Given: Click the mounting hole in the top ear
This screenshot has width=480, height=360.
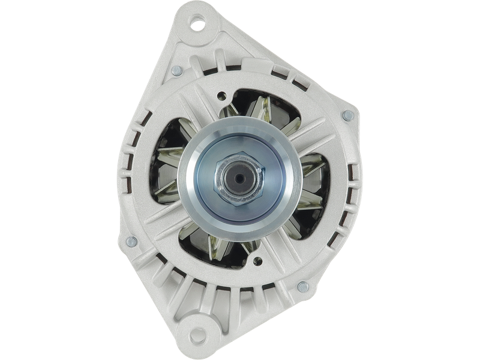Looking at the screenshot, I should [x=197, y=25].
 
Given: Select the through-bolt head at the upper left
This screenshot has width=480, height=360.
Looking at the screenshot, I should [x=176, y=71].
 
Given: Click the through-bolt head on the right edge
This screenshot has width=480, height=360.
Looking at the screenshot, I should [x=346, y=115].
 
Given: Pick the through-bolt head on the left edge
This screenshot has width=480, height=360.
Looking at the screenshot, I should [x=131, y=242].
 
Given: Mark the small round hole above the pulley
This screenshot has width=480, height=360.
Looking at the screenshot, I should [x=223, y=94].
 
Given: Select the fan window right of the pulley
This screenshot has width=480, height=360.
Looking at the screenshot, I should [x=312, y=180].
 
